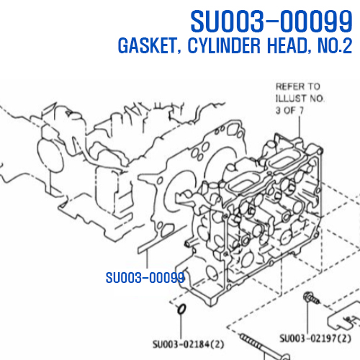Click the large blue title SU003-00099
coord(271,21)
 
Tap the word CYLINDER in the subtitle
coord(224,45)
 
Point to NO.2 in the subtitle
coord(335,45)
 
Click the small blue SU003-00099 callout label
coord(145,278)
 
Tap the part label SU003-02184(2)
coord(189,344)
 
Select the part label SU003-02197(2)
coord(315,338)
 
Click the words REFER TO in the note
coord(298,86)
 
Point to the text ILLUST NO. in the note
coord(300,99)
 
